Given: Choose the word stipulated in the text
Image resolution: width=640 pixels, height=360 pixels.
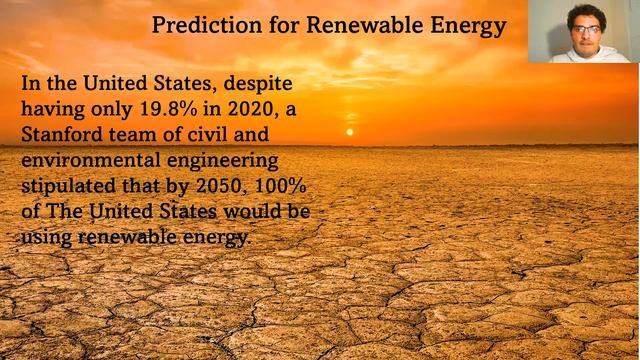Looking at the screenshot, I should click(x=75, y=186).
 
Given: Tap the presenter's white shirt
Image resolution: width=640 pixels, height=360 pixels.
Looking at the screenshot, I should click(x=590, y=56).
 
